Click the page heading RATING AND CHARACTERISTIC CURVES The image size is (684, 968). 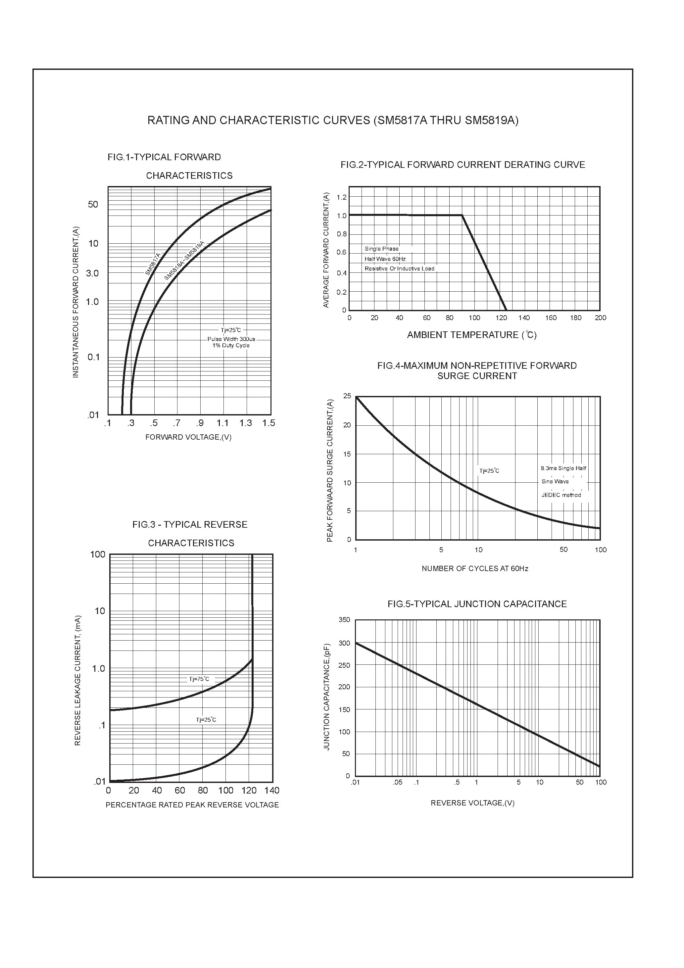[x=333, y=121]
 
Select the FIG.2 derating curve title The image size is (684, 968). [x=463, y=165]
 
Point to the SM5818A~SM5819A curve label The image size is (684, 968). [x=184, y=261]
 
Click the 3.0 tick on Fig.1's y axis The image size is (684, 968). [x=92, y=273]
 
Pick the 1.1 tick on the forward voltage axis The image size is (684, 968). [x=223, y=423]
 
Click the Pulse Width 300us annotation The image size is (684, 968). [x=231, y=339]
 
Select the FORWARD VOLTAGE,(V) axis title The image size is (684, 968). [x=188, y=437]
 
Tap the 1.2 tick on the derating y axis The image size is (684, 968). [x=342, y=197]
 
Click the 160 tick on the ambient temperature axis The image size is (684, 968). [x=551, y=318]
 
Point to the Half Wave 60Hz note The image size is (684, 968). [x=385, y=259]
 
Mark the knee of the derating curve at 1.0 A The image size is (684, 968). [x=462, y=216]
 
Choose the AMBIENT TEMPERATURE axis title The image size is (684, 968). [x=471, y=335]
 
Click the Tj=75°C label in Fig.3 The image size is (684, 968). [x=199, y=679]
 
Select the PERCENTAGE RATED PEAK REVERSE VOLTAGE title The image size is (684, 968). [x=192, y=805]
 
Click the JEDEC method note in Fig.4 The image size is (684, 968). [x=561, y=495]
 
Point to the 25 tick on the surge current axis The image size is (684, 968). [x=347, y=396]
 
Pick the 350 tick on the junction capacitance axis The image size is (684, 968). [x=344, y=620]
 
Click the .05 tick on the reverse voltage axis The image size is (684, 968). [x=398, y=783]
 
